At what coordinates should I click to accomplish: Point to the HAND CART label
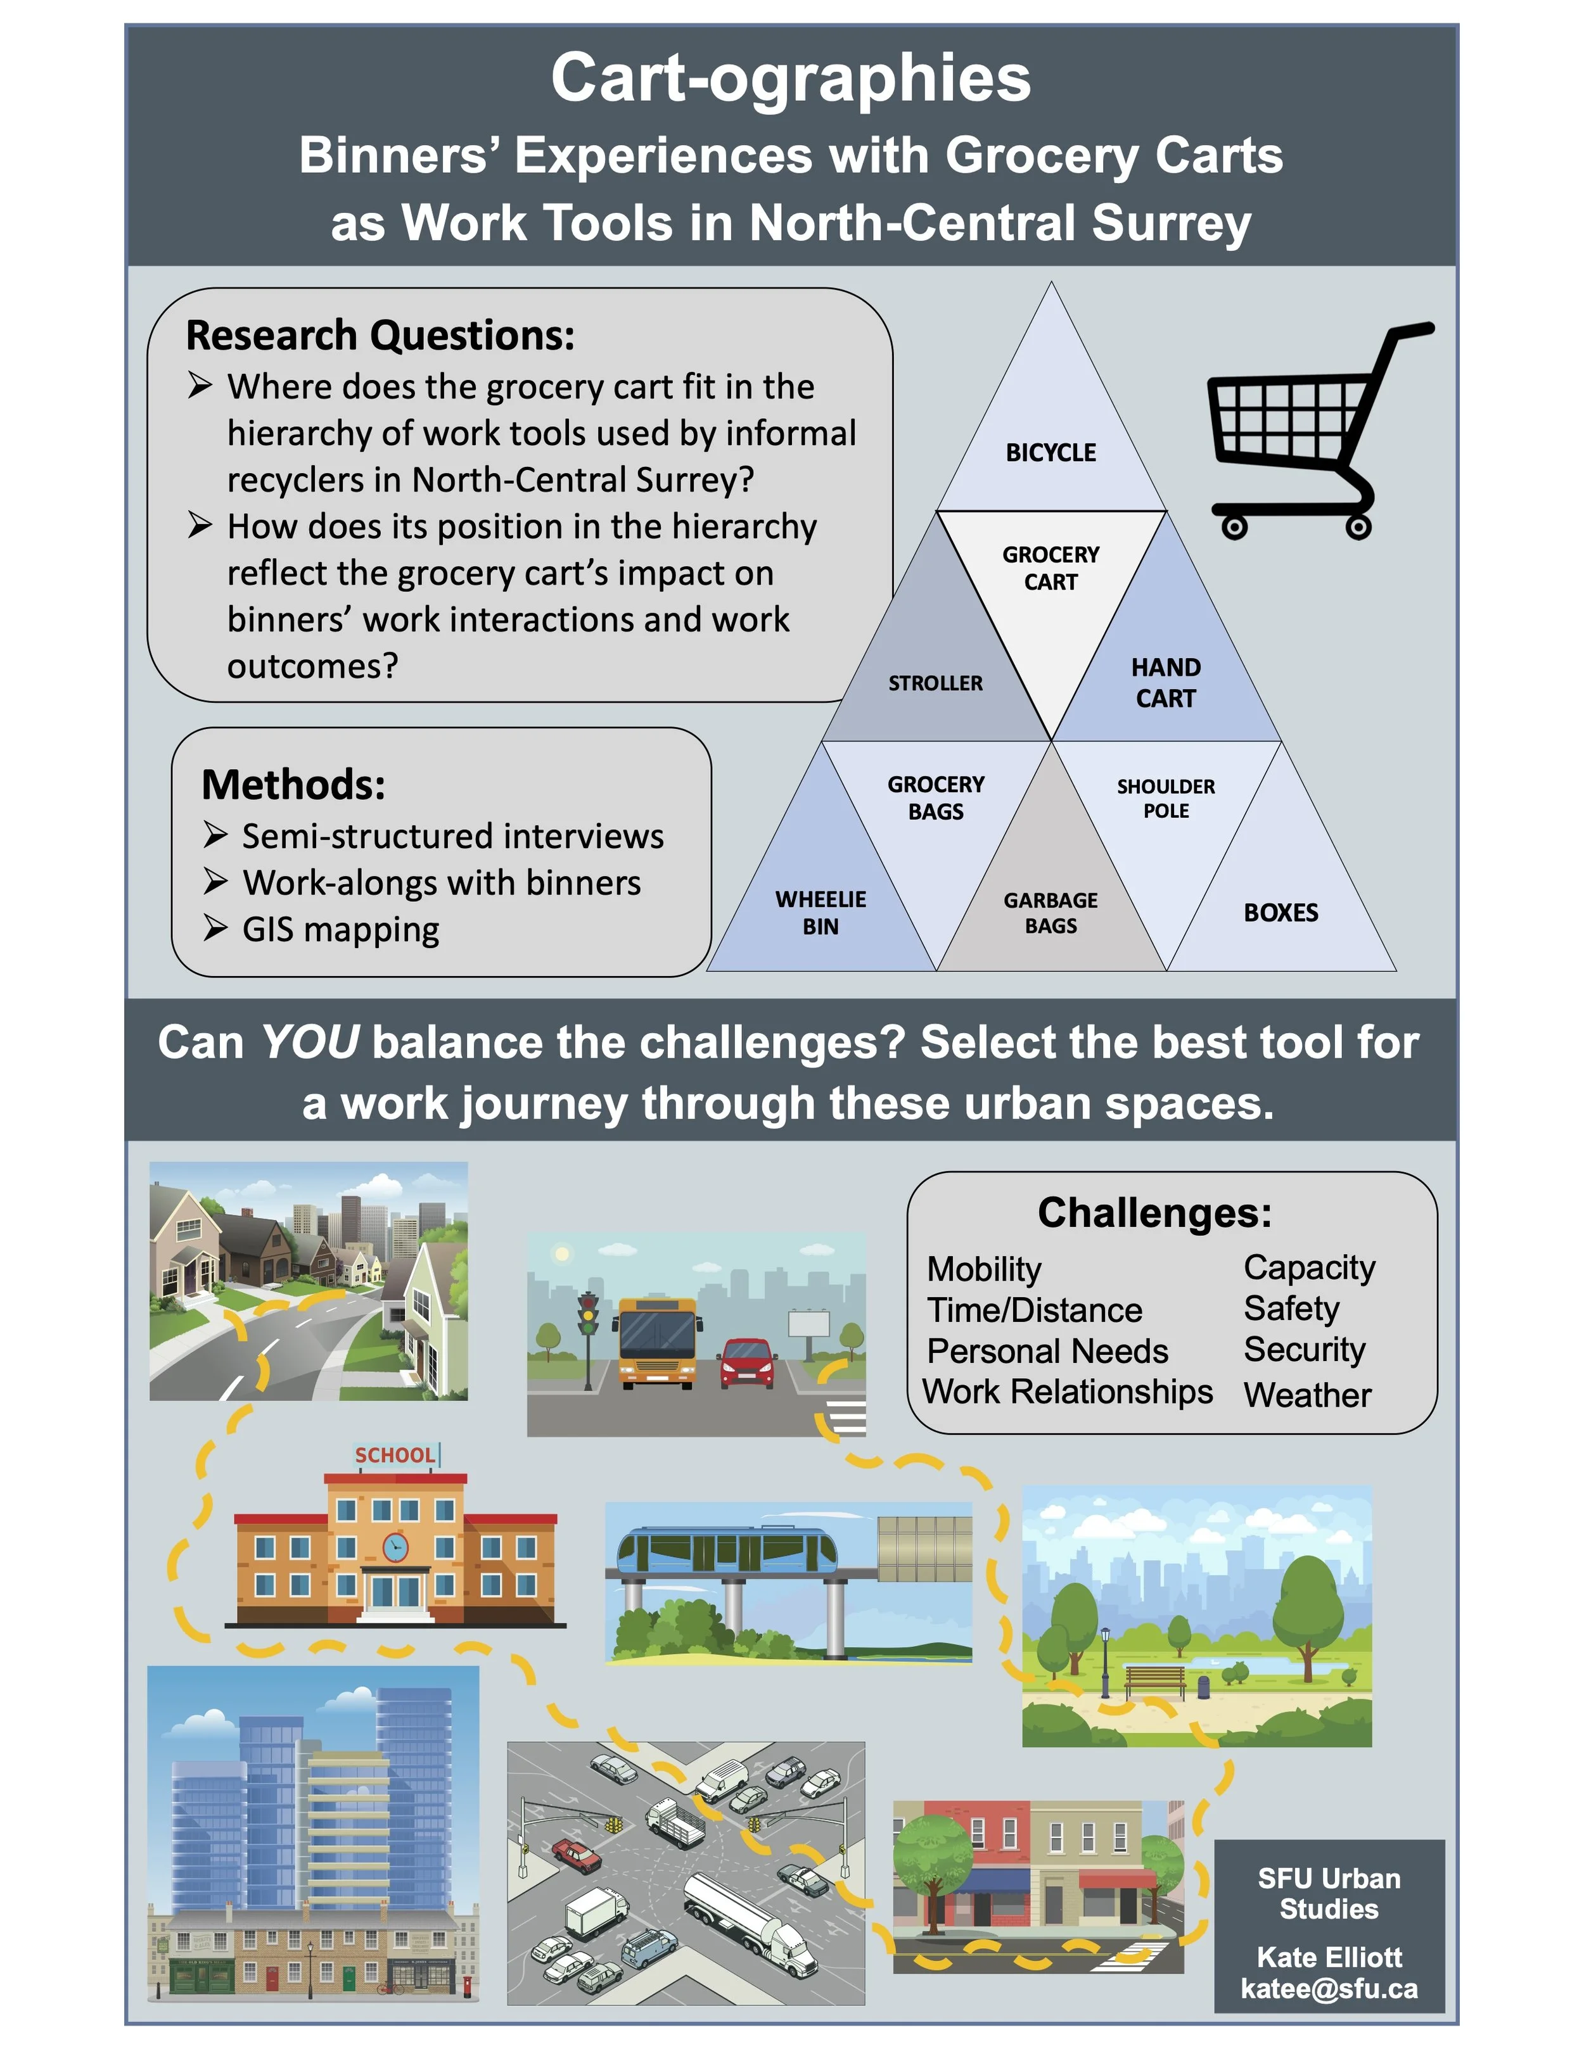click(1165, 682)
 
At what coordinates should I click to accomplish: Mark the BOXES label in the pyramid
click(1281, 912)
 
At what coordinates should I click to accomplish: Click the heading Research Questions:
click(380, 336)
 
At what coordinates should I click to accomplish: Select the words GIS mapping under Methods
click(341, 930)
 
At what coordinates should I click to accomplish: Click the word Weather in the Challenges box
click(1307, 1395)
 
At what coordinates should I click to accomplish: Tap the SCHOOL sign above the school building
click(394, 1455)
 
